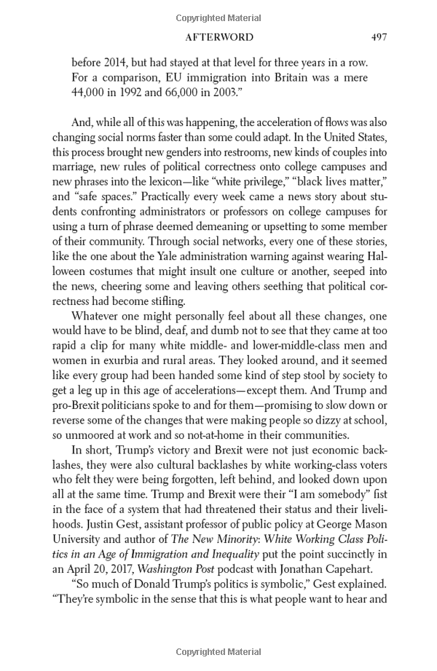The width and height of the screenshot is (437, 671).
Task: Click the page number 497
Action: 379,37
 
